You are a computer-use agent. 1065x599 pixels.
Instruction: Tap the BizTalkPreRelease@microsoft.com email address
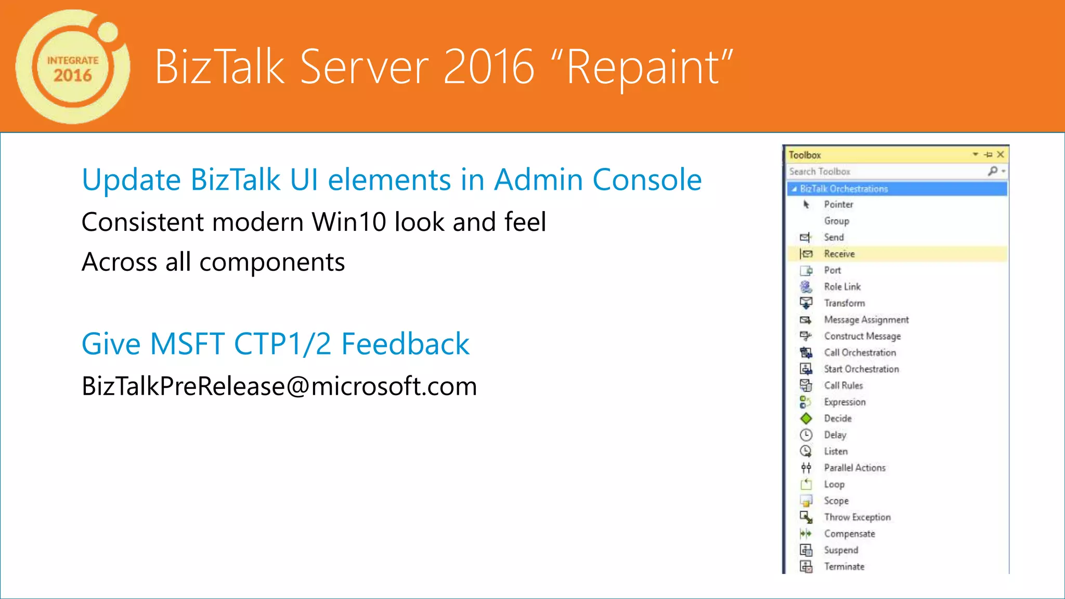[x=279, y=386]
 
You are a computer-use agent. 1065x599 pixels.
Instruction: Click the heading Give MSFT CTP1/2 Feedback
[x=276, y=344]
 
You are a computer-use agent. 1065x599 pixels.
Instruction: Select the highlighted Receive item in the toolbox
[x=839, y=254]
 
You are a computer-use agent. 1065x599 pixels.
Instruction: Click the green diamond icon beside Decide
[x=806, y=419]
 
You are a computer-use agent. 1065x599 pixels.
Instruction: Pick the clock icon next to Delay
[x=806, y=435]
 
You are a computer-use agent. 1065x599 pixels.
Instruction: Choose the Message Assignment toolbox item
[x=866, y=320]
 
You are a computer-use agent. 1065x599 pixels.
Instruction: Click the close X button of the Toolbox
[x=1001, y=154]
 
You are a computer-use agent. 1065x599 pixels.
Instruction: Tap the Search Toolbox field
[x=884, y=172]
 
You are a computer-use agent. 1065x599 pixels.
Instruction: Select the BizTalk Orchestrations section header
[x=843, y=189]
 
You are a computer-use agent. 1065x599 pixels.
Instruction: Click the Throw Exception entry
[x=857, y=517]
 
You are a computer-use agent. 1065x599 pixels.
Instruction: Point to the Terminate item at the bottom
[x=844, y=567]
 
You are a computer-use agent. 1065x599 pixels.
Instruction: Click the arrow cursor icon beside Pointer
[x=806, y=205]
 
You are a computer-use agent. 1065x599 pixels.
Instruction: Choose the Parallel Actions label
[x=854, y=468]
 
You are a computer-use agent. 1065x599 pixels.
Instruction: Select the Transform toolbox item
[x=844, y=303]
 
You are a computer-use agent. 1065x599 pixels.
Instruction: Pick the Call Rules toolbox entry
[x=843, y=386]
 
